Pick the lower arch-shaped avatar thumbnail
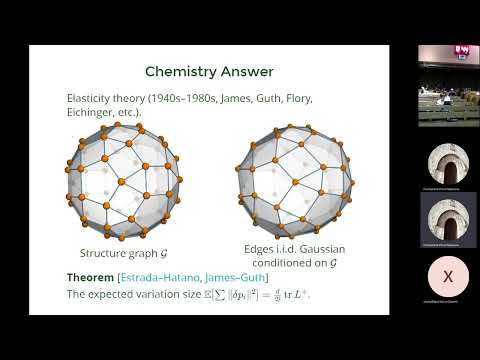tap(447, 215)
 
